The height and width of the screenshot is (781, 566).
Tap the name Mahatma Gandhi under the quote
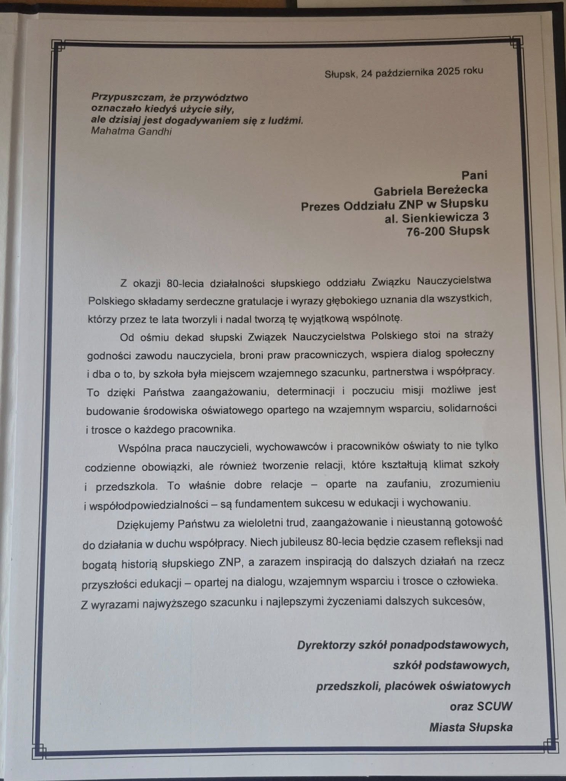131,132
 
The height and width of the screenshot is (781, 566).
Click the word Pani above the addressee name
474,175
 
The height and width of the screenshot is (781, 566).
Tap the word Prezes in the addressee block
321,206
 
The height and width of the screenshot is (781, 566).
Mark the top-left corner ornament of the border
59,45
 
